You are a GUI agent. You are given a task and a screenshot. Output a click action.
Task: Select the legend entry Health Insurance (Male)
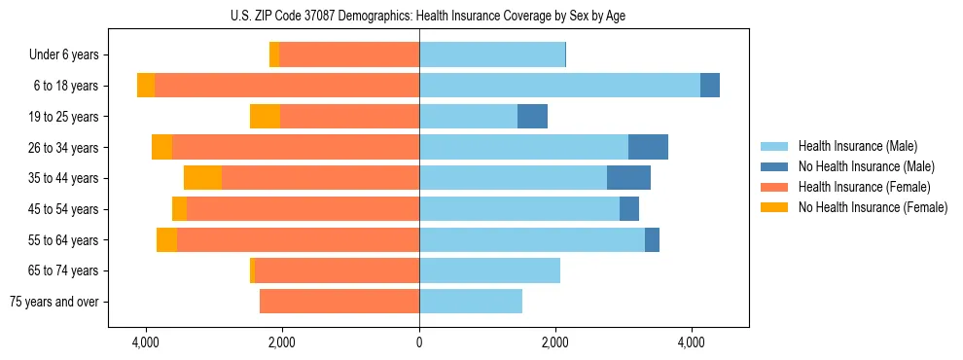click(856, 146)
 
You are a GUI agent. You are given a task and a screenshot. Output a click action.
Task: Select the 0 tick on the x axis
click(419, 342)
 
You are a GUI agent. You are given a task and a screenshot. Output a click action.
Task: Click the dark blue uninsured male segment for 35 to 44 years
click(628, 178)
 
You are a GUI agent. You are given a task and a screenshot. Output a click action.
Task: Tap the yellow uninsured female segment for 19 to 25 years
click(265, 117)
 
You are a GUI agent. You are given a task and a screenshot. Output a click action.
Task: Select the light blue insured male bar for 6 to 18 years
click(559, 86)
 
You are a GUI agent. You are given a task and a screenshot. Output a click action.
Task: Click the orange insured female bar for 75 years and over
click(339, 302)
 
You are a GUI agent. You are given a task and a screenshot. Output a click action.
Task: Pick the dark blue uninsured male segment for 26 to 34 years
click(648, 147)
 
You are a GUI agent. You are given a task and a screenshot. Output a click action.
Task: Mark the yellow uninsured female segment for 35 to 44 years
click(202, 178)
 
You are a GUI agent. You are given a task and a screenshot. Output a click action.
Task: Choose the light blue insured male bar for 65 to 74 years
click(489, 270)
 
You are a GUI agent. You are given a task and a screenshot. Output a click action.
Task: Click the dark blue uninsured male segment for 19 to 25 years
click(532, 117)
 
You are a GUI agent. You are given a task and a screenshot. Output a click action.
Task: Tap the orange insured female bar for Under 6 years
click(349, 55)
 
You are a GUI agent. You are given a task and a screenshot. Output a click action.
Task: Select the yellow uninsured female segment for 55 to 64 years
click(166, 239)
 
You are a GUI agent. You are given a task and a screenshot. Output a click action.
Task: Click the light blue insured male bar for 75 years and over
click(471, 302)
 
